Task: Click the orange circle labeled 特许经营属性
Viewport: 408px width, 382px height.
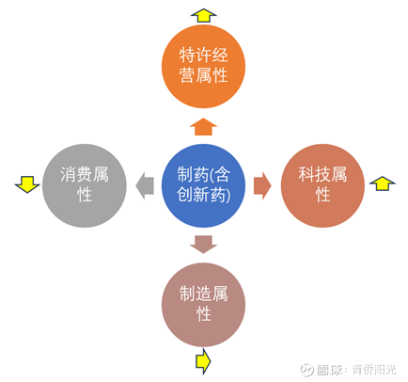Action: [x=203, y=67]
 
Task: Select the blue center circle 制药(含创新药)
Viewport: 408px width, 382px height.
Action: [x=203, y=185]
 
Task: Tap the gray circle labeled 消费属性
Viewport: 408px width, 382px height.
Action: [x=85, y=185]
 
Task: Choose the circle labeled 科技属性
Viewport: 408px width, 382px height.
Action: [x=322, y=185]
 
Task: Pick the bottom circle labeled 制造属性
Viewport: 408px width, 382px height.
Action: [x=203, y=305]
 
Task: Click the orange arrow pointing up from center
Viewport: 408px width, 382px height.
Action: [x=203, y=127]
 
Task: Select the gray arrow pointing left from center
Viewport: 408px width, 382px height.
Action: [x=145, y=185]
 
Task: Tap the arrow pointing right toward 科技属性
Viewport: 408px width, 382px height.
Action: [x=262, y=185]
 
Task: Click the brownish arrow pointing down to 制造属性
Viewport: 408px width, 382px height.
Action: [x=203, y=245]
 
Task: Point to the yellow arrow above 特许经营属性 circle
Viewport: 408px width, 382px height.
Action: [x=203, y=15]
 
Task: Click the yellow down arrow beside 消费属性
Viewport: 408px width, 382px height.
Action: [x=27, y=184]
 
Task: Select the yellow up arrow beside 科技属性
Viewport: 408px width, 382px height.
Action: [x=382, y=183]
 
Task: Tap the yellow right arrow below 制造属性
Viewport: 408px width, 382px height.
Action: [x=203, y=361]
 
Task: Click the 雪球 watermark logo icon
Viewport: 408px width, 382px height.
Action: [x=306, y=370]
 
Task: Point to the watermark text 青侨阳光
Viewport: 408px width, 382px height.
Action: [x=374, y=370]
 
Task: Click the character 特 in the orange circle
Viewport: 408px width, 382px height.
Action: [x=187, y=56]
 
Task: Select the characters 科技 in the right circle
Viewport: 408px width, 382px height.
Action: [x=314, y=174]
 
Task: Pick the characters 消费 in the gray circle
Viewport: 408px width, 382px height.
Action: [x=76, y=174]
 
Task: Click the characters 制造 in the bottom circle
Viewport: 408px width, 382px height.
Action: [x=196, y=294]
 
